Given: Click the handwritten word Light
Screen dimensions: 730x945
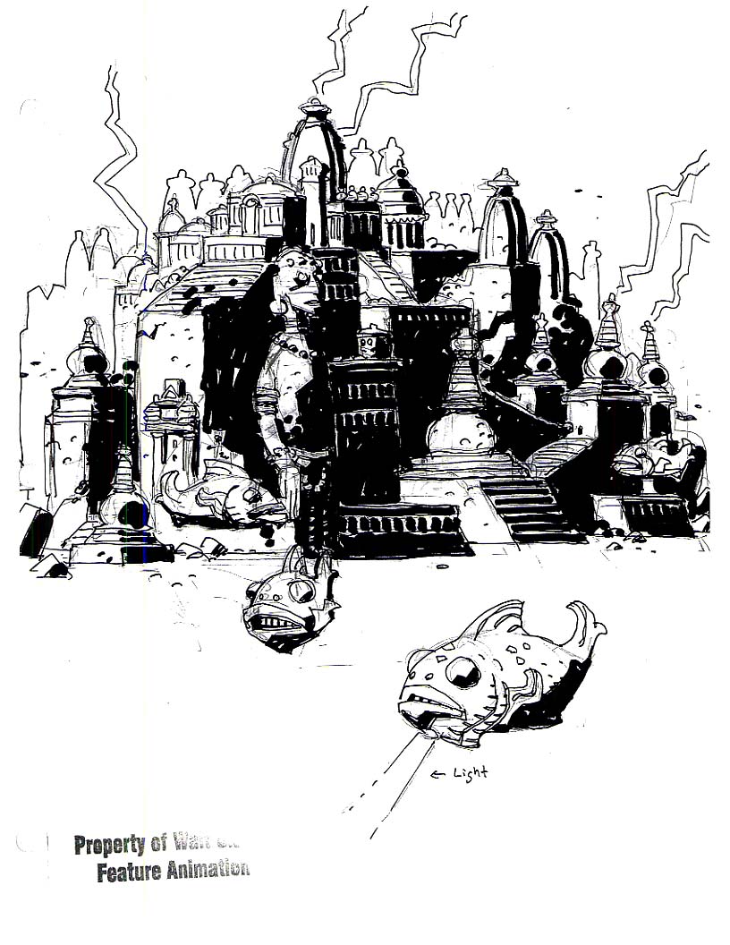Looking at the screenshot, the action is tap(471, 772).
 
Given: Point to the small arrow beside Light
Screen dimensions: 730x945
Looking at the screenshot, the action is tap(439, 773).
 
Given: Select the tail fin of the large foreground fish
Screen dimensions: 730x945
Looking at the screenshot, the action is tap(582, 624).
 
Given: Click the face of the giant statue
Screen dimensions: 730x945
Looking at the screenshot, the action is tap(300, 274).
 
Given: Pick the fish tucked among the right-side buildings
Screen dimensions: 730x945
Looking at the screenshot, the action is tap(649, 456).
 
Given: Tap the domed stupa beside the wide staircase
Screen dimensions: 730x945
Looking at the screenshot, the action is tap(461, 430).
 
